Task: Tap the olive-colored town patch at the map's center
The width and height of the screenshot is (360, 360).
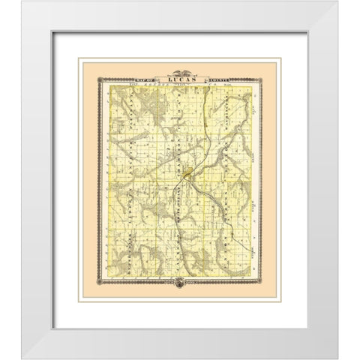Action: [185, 178]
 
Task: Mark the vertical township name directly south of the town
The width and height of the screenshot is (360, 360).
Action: [179, 217]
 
